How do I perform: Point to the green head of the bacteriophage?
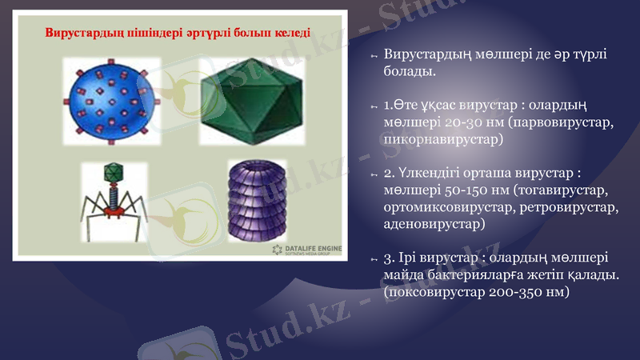click(114, 171)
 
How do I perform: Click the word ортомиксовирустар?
click(450, 207)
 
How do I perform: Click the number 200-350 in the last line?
click(514, 292)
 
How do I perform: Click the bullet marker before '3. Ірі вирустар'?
click(373, 259)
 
